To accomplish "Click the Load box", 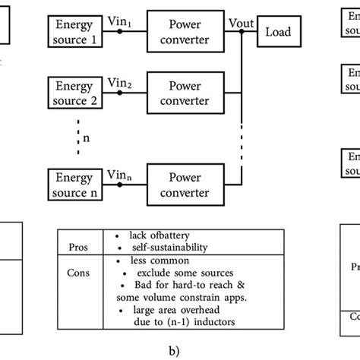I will coord(278,33).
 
